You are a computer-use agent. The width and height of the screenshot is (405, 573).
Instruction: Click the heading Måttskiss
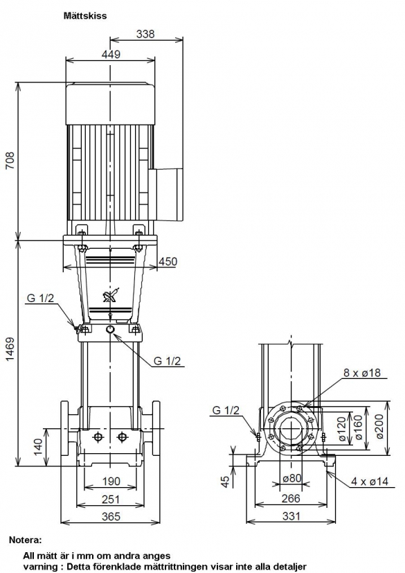tap(85, 16)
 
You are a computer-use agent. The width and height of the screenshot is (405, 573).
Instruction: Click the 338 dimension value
tap(145, 34)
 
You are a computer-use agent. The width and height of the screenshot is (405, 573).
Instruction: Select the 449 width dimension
tap(111, 54)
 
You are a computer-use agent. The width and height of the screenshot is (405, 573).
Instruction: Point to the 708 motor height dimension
tap(10, 160)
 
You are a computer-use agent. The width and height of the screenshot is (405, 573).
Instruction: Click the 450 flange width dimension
tap(168, 262)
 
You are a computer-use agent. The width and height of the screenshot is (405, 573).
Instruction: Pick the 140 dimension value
tap(38, 447)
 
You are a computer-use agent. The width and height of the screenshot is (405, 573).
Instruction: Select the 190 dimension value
tap(111, 482)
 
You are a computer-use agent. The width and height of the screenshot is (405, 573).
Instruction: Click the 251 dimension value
tap(111, 499)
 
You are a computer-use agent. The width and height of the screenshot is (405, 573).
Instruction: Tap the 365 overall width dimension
tap(111, 516)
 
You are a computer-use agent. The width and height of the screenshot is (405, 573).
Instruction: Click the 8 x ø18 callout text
tap(362, 372)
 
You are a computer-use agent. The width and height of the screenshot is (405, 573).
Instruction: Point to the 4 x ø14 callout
tap(370, 482)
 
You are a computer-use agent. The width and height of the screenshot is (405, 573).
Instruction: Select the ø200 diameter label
tap(379, 427)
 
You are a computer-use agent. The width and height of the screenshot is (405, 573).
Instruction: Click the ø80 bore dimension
tap(291, 477)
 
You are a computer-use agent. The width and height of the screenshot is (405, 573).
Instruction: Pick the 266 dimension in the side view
tap(291, 498)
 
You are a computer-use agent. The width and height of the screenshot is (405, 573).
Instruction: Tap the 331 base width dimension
tap(291, 515)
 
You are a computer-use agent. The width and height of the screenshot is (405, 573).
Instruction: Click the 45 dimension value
tap(225, 482)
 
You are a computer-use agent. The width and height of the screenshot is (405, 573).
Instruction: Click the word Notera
tap(25, 540)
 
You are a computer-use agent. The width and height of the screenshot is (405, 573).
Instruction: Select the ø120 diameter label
tap(341, 429)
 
